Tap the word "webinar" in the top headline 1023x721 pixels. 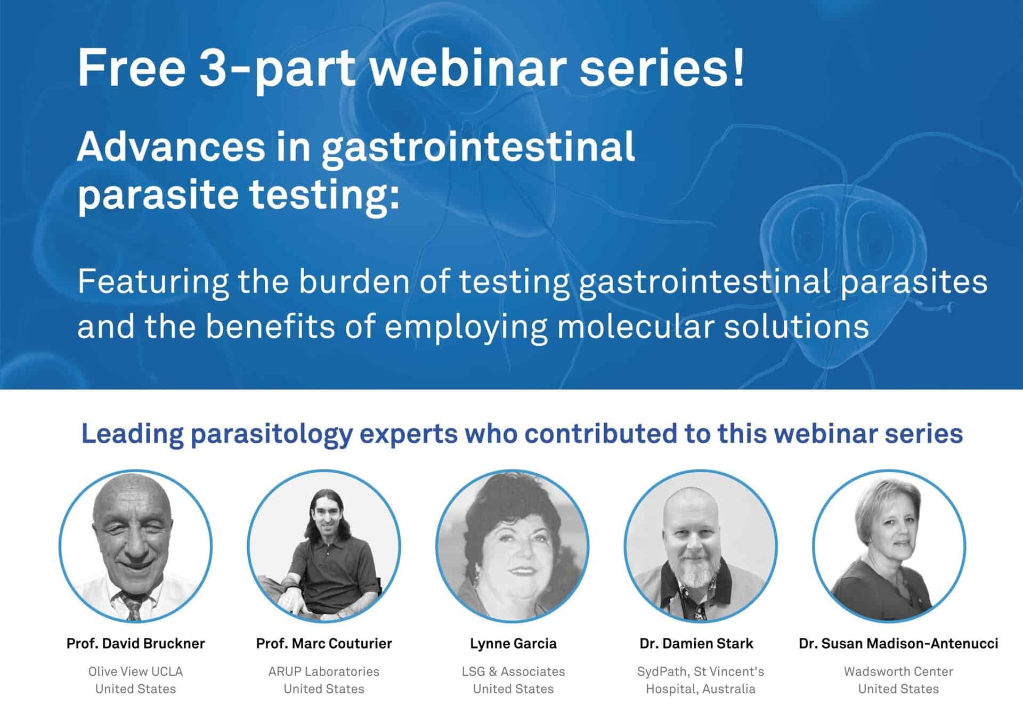click(x=468, y=68)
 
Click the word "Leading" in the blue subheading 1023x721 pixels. click(x=132, y=434)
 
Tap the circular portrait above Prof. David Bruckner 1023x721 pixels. click(x=135, y=546)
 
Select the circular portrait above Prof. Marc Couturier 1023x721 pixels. click(x=324, y=546)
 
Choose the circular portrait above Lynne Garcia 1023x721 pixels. click(x=513, y=546)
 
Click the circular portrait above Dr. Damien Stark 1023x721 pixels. click(x=701, y=546)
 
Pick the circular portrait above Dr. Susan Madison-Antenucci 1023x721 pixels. click(x=889, y=546)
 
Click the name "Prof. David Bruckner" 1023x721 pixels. click(x=136, y=644)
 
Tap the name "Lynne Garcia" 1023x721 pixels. click(x=513, y=644)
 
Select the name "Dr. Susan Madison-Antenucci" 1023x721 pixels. click(x=898, y=644)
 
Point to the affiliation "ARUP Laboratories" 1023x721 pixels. click(x=324, y=671)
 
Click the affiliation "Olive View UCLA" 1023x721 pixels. click(x=136, y=671)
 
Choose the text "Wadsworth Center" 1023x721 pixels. click(x=898, y=671)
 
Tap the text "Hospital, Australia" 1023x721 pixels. click(x=701, y=689)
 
